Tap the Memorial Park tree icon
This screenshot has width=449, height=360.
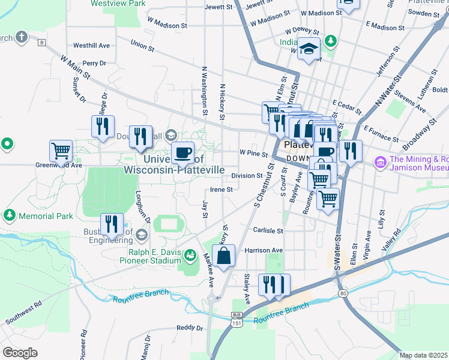pyautogui.click(x=10, y=215)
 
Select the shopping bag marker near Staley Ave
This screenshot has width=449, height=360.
pyautogui.click(x=223, y=257)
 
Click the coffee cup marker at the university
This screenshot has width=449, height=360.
pyautogui.click(x=183, y=152)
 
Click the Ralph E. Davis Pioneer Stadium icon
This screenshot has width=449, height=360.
pyautogui.click(x=190, y=256)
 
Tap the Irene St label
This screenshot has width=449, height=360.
pyautogui.click(x=221, y=189)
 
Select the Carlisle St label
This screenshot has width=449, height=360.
pyautogui.click(x=267, y=230)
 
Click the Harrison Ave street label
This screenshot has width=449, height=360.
pyautogui.click(x=263, y=250)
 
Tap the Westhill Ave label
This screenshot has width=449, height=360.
pyautogui.click(x=91, y=46)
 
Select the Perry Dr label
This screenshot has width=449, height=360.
pyautogui.click(x=94, y=63)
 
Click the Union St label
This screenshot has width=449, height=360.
pyautogui.click(x=142, y=44)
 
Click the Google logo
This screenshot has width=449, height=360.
pyautogui.click(x=20, y=352)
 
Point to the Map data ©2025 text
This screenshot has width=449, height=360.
pyautogui.click(x=423, y=355)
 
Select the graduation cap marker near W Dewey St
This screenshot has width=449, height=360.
pyautogui.click(x=310, y=49)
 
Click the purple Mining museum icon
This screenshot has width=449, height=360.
pyautogui.click(x=380, y=162)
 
